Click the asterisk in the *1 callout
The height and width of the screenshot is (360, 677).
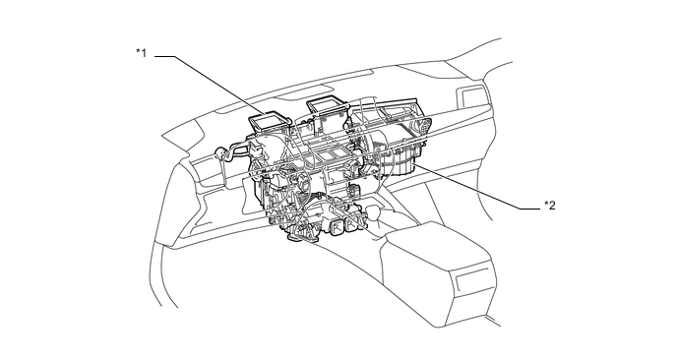click(x=138, y=51)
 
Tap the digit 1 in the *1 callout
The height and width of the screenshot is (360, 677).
click(x=144, y=53)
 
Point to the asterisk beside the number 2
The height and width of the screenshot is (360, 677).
click(x=546, y=204)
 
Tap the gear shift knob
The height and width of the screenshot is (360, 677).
click(x=374, y=212)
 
